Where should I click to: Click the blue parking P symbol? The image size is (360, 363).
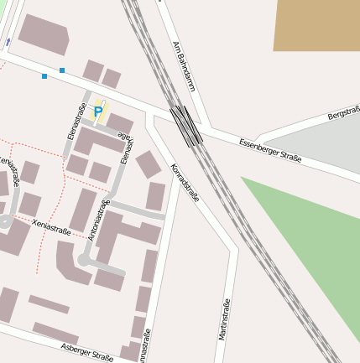[98, 111]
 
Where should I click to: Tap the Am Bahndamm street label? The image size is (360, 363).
[183, 65]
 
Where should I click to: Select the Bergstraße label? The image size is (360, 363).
[343, 112]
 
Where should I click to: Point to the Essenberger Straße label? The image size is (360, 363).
[270, 150]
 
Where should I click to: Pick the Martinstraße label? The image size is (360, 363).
[224, 319]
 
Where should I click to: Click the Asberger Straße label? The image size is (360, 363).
[86, 352]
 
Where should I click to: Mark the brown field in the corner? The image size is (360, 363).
[316, 24]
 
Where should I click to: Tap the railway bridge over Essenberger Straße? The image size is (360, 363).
[185, 126]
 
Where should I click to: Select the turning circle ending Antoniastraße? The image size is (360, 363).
[84, 261]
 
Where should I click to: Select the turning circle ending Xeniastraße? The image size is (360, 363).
[5, 221]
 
